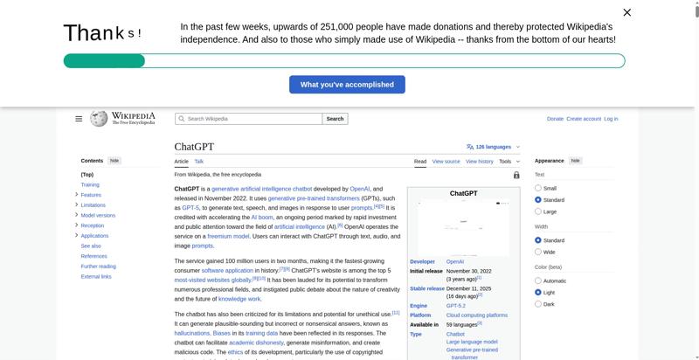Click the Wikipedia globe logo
pyautogui.click(x=99, y=119)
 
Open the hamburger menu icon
pyautogui.click(x=79, y=119)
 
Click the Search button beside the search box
pyautogui.click(x=335, y=119)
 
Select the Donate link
pyautogui.click(x=555, y=119)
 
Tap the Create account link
pyautogui.click(x=584, y=119)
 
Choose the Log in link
pyautogui.click(x=611, y=119)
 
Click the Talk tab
pyautogui.click(x=199, y=162)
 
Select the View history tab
pyautogui.click(x=479, y=162)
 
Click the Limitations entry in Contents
pyautogui.click(x=93, y=205)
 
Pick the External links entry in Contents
pyautogui.click(x=96, y=276)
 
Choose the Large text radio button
pyautogui.click(x=538, y=211)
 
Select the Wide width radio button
pyautogui.click(x=538, y=252)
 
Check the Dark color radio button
pyautogui.click(x=538, y=304)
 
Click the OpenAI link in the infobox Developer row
pyautogui.click(x=455, y=261)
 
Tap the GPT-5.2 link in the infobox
pyautogui.click(x=456, y=306)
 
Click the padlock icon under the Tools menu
pyautogui.click(x=516, y=175)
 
